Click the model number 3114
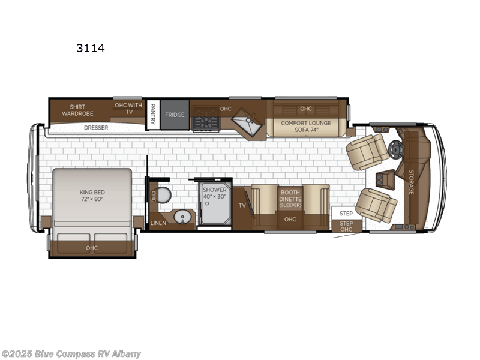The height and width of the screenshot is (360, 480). tap(91, 48)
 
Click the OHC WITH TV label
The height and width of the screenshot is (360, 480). tap(128, 109)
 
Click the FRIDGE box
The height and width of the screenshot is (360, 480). tap(175, 115)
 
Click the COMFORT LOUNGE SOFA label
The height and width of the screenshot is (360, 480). tap(305, 127)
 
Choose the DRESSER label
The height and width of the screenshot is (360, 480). tap(96, 128)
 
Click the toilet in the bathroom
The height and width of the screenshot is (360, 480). tap(165, 196)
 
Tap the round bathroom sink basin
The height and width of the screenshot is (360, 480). tap(182, 217)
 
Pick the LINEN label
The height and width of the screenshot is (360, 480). tap(158, 223)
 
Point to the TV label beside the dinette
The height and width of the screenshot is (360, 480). tap(242, 206)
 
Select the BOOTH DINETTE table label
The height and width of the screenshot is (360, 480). tap(290, 198)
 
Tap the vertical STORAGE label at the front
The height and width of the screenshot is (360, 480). tap(411, 182)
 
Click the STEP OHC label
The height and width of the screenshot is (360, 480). tap(346, 226)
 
